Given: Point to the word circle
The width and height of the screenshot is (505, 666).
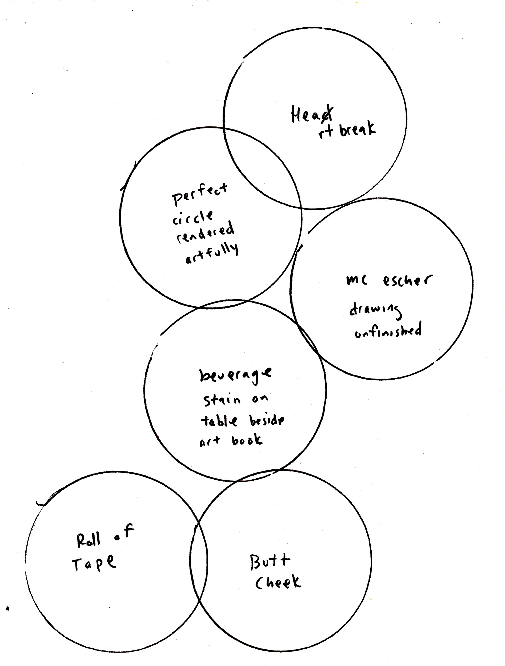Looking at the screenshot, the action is (193, 217).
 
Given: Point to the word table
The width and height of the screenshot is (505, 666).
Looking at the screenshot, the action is (219, 421).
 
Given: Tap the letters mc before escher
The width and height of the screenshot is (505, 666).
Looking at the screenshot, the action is (357, 281).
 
